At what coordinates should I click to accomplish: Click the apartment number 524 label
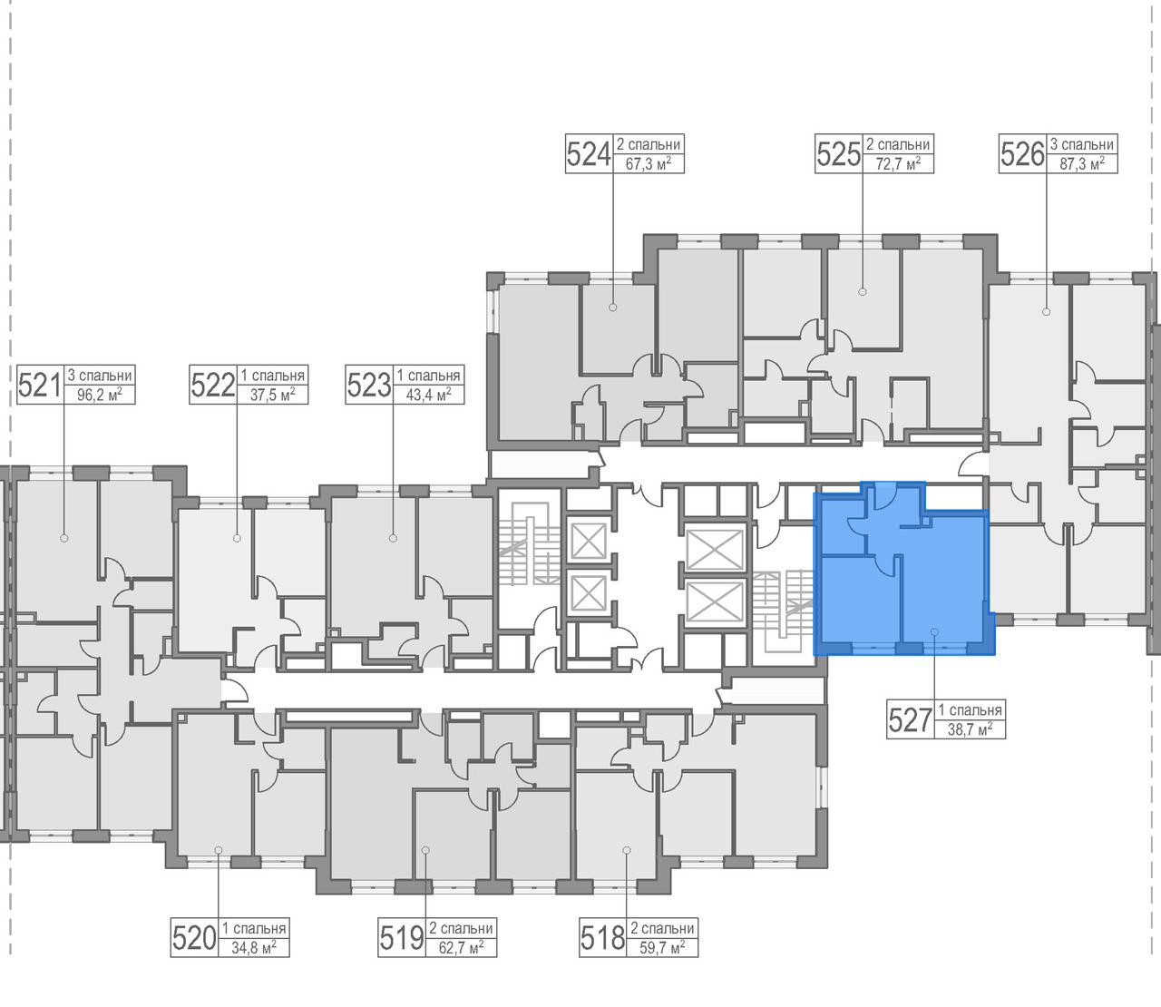click(589, 153)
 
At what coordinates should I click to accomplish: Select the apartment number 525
click(838, 153)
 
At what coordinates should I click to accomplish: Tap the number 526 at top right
click(1022, 153)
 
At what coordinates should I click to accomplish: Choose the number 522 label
click(213, 385)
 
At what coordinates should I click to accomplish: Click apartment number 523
click(369, 385)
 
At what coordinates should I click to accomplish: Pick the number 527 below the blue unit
click(910, 719)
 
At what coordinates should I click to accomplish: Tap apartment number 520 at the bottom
click(194, 937)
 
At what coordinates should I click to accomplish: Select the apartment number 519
click(402, 937)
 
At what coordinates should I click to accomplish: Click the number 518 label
click(603, 937)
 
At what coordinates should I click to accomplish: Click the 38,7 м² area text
click(971, 728)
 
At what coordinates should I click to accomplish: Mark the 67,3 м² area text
click(648, 163)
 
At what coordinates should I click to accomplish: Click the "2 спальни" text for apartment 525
click(898, 144)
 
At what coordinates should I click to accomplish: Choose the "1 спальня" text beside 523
click(428, 376)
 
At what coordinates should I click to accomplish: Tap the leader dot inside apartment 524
click(613, 308)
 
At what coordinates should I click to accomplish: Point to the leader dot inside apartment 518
click(627, 850)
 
